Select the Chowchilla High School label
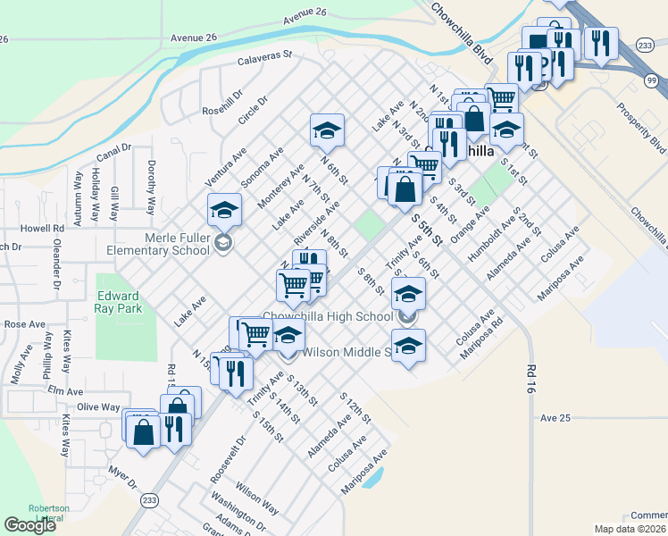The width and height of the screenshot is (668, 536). [328, 317]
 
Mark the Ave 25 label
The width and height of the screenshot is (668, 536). [555, 417]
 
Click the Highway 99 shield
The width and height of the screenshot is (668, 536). [651, 81]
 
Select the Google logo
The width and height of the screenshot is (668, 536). [30, 525]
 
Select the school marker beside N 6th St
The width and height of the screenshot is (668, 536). [327, 130]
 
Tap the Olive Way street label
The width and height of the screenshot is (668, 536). [98, 406]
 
